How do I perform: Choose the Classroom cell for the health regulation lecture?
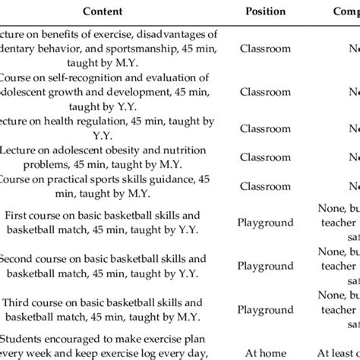click(x=266, y=125)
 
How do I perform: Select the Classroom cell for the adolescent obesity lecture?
click(x=266, y=156)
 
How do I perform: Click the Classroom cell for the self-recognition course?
click(x=266, y=90)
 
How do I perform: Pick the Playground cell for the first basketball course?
click(x=266, y=222)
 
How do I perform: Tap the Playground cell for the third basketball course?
click(x=266, y=309)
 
